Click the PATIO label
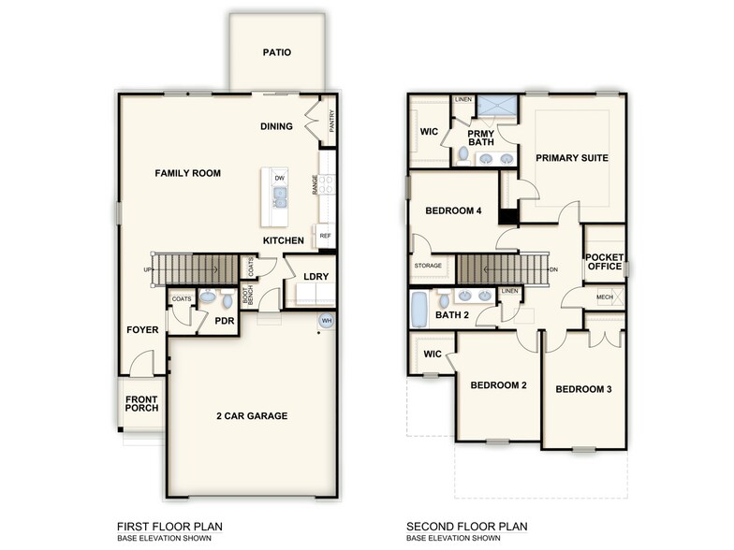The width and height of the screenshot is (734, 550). tap(277, 52)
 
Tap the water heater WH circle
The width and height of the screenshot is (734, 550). tap(327, 321)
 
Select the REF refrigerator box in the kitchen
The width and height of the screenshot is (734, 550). tap(325, 236)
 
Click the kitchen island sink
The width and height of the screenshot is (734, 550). tap(279, 197)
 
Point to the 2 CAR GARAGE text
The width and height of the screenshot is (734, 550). tap(252, 416)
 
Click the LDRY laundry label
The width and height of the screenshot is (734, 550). tap(315, 276)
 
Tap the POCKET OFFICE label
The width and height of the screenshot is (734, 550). tap(604, 262)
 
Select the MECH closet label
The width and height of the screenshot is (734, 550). tap(604, 298)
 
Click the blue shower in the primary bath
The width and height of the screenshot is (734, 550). tap(493, 106)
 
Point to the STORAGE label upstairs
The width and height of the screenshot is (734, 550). tap(428, 267)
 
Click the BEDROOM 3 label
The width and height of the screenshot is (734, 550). tap(583, 389)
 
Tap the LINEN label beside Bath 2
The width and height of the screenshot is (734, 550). tap(509, 291)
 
